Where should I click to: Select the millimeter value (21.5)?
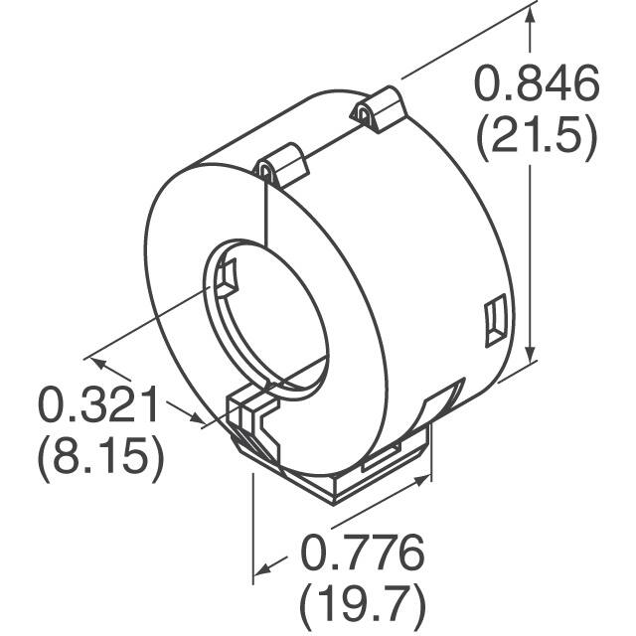(537, 139)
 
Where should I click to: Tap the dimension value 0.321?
(99, 405)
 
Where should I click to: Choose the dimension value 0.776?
(362, 550)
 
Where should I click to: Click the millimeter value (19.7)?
(362, 602)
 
